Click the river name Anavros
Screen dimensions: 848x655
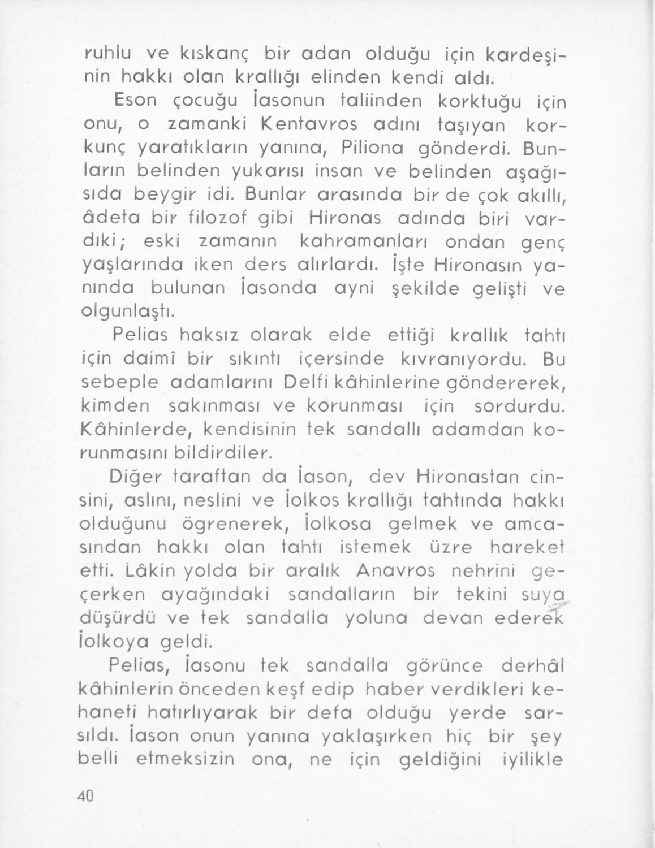pyautogui.click(x=395, y=571)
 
